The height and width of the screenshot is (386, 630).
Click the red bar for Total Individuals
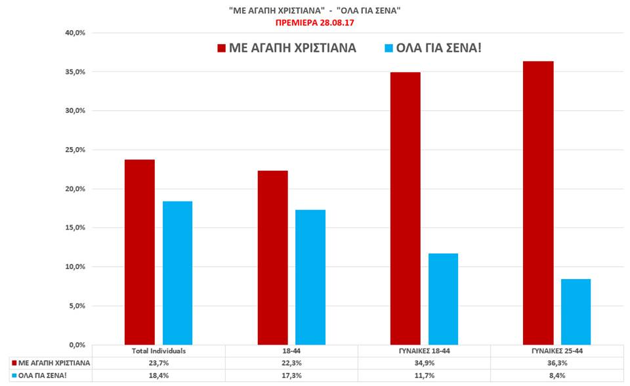[x=140, y=252]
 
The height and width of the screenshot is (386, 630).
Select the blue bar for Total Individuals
[x=177, y=272]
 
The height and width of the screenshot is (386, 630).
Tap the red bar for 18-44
[x=272, y=257]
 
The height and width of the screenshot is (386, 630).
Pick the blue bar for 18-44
[x=310, y=277]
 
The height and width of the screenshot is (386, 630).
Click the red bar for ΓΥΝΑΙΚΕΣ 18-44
[x=405, y=208]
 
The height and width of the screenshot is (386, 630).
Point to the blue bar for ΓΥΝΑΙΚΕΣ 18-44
[x=443, y=299]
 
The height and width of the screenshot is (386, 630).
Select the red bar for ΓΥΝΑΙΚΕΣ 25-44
[x=538, y=203]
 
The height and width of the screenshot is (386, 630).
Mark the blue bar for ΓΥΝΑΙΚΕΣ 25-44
[x=576, y=312]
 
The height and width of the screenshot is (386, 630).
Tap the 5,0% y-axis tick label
[x=77, y=306]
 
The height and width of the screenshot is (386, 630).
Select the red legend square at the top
[x=221, y=48]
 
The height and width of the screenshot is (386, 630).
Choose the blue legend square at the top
[x=388, y=48]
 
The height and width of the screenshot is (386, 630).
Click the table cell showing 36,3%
[x=556, y=363]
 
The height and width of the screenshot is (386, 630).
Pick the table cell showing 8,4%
[x=556, y=375]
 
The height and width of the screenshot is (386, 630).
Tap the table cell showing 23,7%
[x=159, y=363]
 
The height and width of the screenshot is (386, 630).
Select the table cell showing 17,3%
[x=292, y=375]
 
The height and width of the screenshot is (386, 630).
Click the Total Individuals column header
[x=159, y=351]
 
